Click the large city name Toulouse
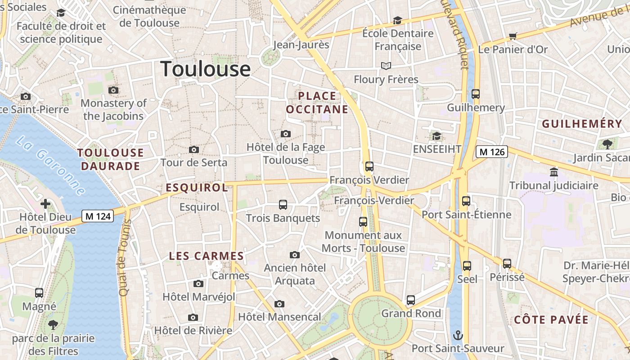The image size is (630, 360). pos(206,69)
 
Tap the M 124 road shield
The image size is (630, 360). pos(98,216)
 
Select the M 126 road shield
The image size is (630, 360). pos(492,152)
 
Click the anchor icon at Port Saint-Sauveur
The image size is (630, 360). pos(458,335)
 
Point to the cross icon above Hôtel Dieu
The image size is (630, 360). pos(45,204)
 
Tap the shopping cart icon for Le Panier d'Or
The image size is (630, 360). pos(513,36)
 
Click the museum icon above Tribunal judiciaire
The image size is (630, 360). pos(554,172)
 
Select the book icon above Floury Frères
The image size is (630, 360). pos(386,66)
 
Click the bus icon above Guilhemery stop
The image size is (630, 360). pos(476,94)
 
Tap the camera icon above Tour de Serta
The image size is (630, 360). pos(194,149)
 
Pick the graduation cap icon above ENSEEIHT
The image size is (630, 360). pos(436,136)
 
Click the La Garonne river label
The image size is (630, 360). pos(50,166)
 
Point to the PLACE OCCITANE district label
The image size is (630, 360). pos(317,103)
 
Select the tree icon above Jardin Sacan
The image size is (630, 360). pos(607,144)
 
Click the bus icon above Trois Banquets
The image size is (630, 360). pos(283,205)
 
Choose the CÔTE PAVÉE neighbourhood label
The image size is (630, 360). pos(551,320)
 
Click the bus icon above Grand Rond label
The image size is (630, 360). pos(411,300)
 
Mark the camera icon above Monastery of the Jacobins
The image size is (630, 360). pos(113,90)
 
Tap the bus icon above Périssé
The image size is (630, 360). pos(507,264)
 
